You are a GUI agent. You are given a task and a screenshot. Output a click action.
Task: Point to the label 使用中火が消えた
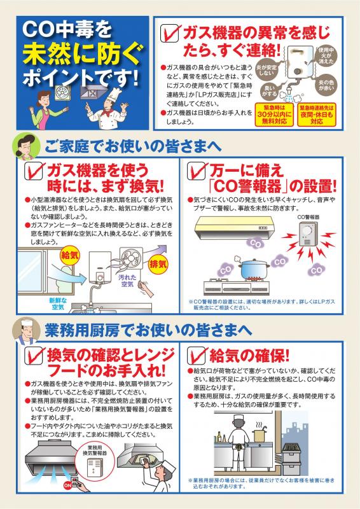[x=326, y=55]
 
